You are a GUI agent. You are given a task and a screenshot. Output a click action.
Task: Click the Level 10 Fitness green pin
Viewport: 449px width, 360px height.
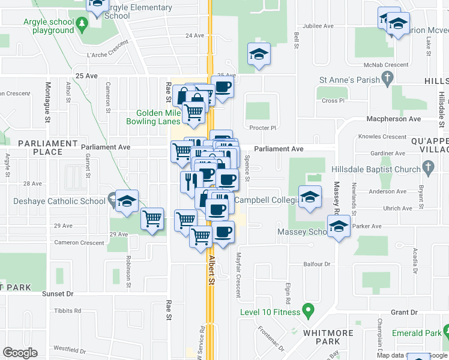[x=309, y=311]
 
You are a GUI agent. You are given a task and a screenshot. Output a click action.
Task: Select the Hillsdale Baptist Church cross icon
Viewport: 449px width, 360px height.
[x=429, y=169]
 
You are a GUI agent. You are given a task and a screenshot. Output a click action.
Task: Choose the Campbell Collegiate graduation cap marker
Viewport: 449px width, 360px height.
[x=310, y=197]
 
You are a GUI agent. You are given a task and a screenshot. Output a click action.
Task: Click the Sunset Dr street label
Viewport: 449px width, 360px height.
[x=58, y=294]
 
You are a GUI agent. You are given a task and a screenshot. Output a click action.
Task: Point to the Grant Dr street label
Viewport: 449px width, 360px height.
[x=404, y=313]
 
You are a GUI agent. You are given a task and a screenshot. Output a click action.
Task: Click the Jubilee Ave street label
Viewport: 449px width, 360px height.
[x=319, y=26]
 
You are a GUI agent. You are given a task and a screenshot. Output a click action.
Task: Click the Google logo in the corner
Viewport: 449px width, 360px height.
[x=20, y=353]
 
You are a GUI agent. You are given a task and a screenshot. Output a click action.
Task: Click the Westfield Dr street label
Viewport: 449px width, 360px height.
[x=67, y=348]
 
